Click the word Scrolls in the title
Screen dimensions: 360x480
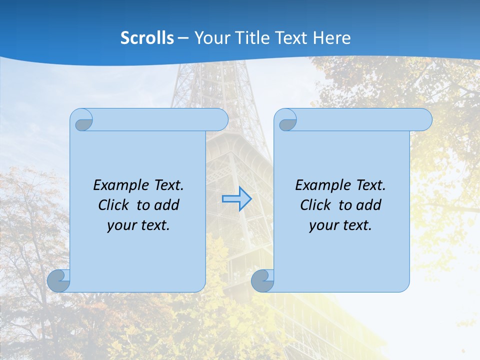point(147,38)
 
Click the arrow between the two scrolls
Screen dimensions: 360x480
point(236,199)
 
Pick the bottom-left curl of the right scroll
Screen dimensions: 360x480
point(262,281)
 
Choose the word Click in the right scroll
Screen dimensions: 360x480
point(315,205)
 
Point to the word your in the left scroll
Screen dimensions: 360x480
point(120,225)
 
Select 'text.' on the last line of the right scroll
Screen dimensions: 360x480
point(356,225)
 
